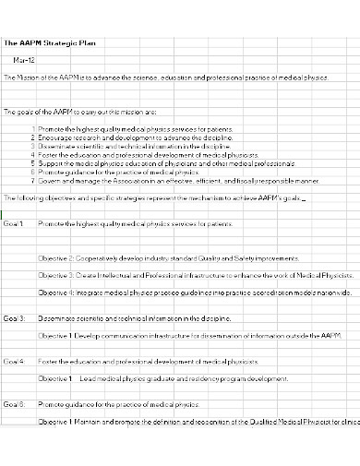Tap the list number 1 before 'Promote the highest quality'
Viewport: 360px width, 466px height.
coord(34,128)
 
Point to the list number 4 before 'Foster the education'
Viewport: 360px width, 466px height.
coord(34,154)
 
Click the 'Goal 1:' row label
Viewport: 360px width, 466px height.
coord(14,223)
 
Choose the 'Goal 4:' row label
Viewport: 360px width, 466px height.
coord(14,361)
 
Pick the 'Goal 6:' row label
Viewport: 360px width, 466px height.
coord(14,404)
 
